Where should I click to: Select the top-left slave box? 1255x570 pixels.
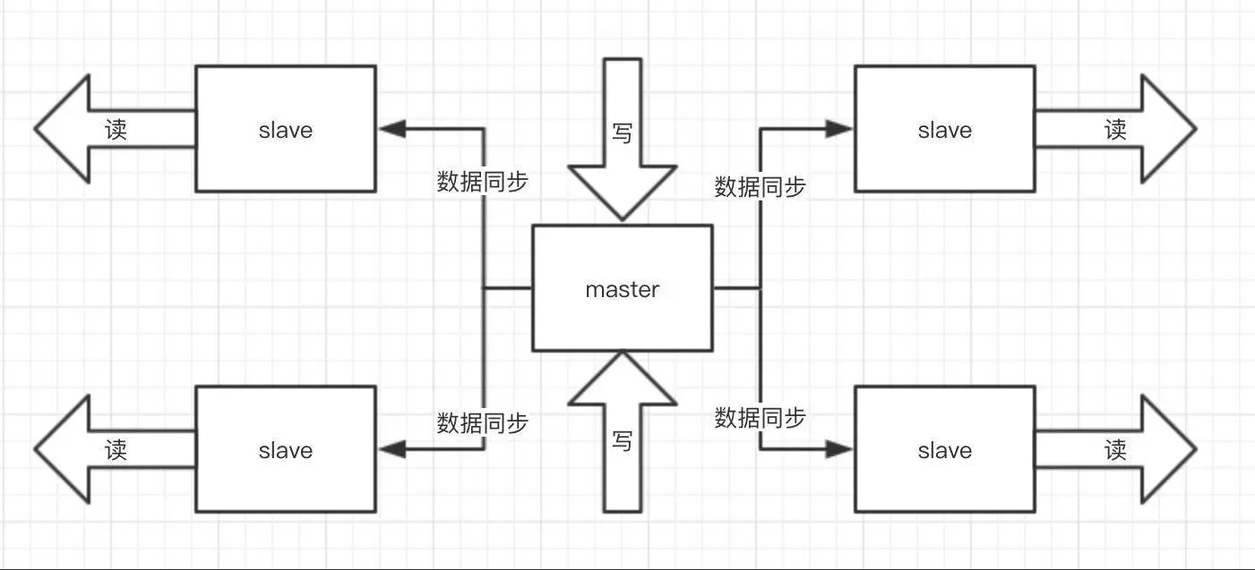pyautogui.click(x=285, y=129)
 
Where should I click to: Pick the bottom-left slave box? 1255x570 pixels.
pyautogui.click(x=285, y=449)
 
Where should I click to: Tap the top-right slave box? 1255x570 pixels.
pyautogui.click(x=944, y=129)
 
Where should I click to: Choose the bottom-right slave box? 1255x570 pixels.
pyautogui.click(x=944, y=449)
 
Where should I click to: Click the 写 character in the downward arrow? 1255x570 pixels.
pyautogui.click(x=622, y=132)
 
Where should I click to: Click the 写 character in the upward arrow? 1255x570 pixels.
pyautogui.click(x=622, y=440)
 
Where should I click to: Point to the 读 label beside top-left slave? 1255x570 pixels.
pyautogui.click(x=116, y=130)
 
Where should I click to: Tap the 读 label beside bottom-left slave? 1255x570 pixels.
pyautogui.click(x=116, y=449)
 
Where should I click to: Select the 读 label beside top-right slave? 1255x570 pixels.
pyautogui.click(x=1115, y=130)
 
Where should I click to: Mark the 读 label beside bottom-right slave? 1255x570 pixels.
pyautogui.click(x=1115, y=449)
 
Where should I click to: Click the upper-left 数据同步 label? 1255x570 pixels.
pyautogui.click(x=482, y=182)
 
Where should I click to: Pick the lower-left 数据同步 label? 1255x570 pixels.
pyautogui.click(x=482, y=422)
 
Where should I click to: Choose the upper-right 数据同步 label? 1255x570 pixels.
pyautogui.click(x=760, y=187)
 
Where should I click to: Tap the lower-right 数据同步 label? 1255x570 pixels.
pyautogui.click(x=760, y=417)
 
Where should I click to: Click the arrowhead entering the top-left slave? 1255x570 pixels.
pyautogui.click(x=391, y=129)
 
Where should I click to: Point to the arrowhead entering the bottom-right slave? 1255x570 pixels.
pyautogui.click(x=839, y=449)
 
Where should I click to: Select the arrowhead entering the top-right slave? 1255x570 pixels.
pyautogui.click(x=839, y=129)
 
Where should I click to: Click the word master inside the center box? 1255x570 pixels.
pyautogui.click(x=622, y=290)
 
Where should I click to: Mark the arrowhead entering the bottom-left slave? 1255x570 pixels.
pyautogui.click(x=391, y=449)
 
